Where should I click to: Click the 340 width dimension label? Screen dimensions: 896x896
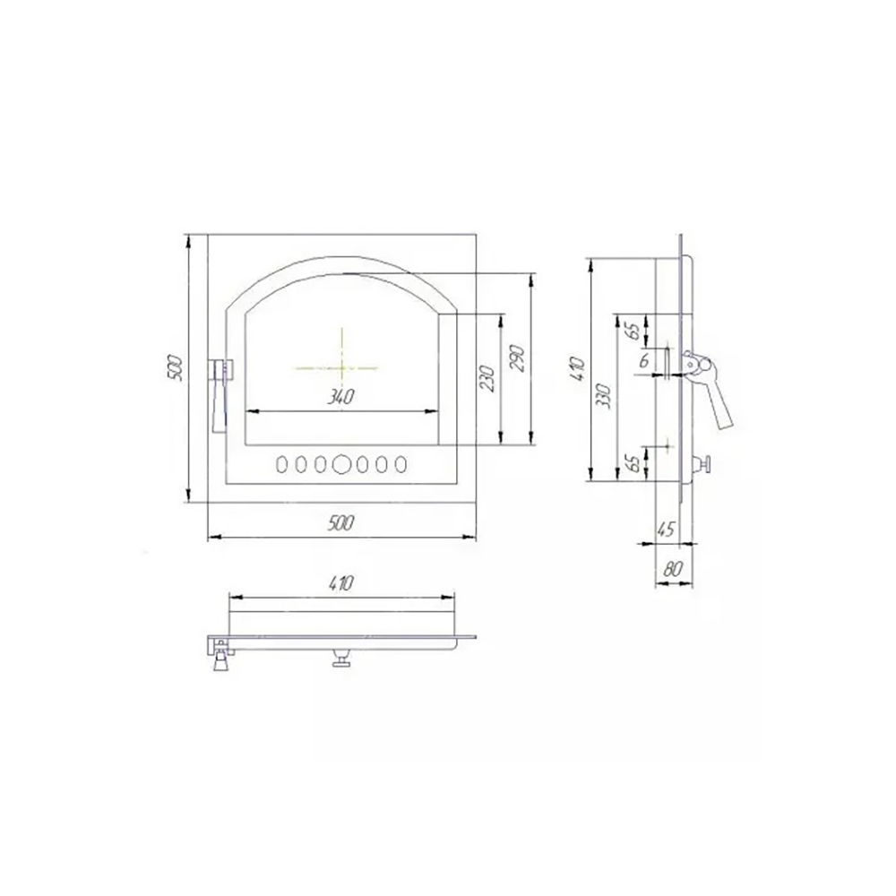(x=340, y=397)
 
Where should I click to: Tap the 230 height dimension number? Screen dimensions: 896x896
(x=488, y=378)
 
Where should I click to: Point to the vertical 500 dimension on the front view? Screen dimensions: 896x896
(x=176, y=368)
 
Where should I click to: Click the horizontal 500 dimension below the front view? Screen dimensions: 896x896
(x=341, y=523)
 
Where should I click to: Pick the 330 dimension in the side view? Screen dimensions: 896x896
(x=606, y=395)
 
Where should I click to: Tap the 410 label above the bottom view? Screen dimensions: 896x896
(x=341, y=583)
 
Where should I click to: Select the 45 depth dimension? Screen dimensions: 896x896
(x=666, y=530)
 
